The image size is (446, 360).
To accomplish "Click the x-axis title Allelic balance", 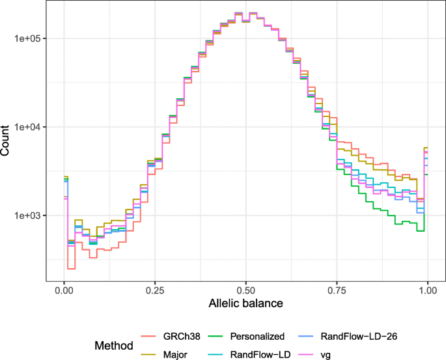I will click(x=245, y=304).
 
